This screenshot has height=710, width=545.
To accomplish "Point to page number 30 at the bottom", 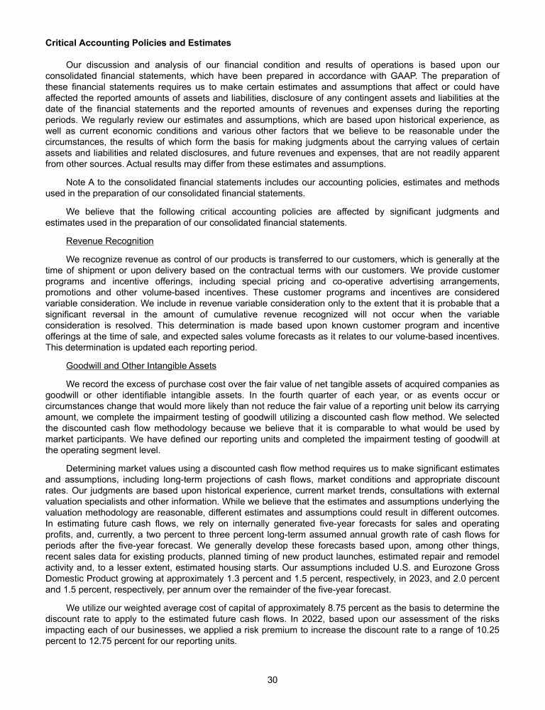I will pos(272,680).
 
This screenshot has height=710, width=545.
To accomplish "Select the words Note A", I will pos(78,182).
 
